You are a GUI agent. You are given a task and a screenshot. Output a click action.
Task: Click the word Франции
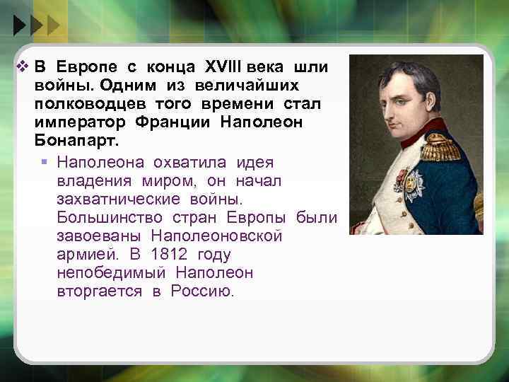pyautogui.click(x=175, y=122)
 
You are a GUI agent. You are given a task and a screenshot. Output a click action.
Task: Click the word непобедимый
pyautogui.click(x=111, y=273)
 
